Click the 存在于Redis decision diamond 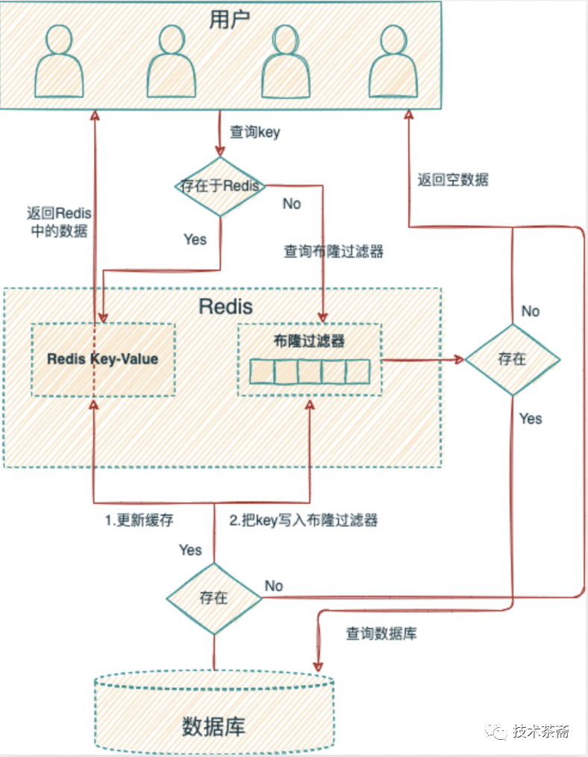220,186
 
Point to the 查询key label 254,133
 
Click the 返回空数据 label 453,179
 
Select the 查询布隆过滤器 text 334,252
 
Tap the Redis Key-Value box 103,359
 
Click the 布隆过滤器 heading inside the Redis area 310,340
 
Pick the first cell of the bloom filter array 261,371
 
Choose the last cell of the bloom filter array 357,371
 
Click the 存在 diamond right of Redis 512,359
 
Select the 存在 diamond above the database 213,597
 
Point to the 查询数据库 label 381,634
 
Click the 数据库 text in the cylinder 213,725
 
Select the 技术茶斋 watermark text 542,732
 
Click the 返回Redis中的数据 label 58,222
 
